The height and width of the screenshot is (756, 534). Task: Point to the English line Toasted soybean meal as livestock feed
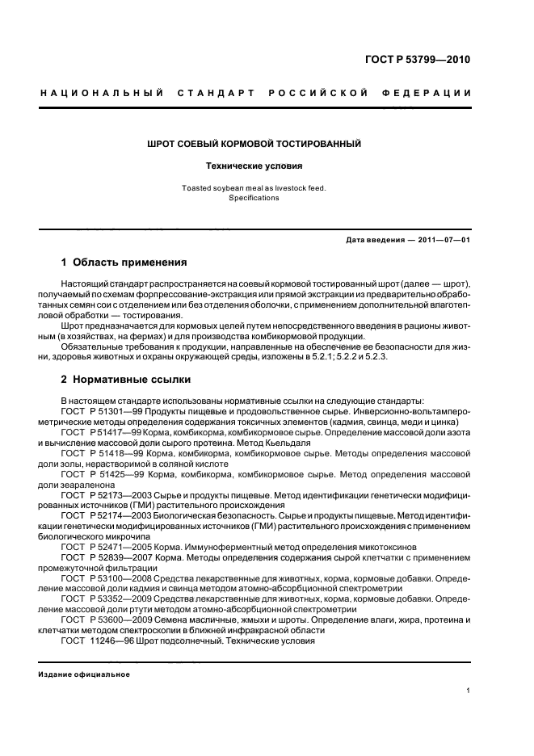(x=253, y=188)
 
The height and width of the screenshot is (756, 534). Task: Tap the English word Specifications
(x=253, y=198)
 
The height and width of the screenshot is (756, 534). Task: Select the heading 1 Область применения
(x=124, y=262)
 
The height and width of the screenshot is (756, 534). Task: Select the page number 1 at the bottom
(x=469, y=690)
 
